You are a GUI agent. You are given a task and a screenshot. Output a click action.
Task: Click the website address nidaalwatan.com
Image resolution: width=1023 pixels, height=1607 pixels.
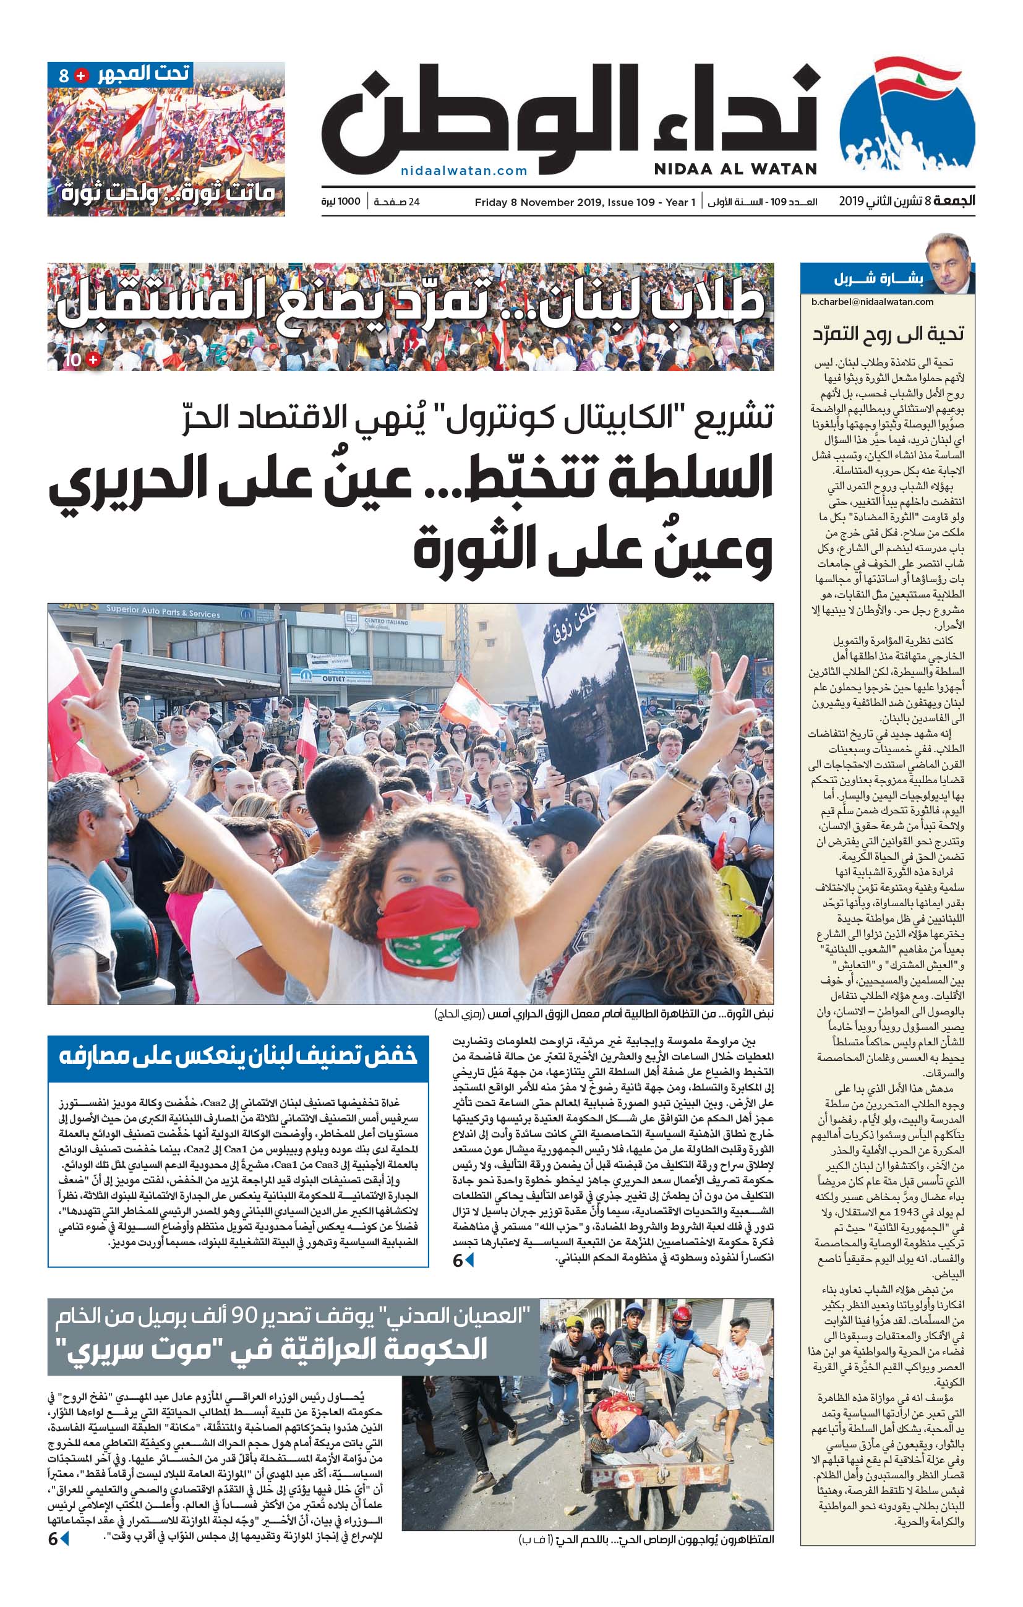click(x=464, y=171)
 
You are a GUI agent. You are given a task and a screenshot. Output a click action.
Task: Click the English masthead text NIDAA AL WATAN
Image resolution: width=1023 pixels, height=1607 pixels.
click(x=735, y=169)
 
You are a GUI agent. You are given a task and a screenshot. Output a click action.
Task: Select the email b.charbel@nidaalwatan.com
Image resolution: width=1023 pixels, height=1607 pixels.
click(x=872, y=302)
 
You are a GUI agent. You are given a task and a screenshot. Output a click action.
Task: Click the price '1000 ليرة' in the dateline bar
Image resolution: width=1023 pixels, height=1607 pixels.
click(x=340, y=202)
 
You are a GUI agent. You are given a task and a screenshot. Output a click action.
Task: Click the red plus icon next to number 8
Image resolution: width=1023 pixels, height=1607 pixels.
click(x=81, y=75)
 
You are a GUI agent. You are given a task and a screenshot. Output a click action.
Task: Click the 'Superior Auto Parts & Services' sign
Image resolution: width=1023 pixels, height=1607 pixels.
click(x=163, y=612)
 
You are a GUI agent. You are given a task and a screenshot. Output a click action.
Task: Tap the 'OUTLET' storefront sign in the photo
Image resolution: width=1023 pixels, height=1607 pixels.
click(x=333, y=678)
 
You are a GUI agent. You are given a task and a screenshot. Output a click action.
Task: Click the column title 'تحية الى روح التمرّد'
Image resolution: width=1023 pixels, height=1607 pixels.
click(x=888, y=333)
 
